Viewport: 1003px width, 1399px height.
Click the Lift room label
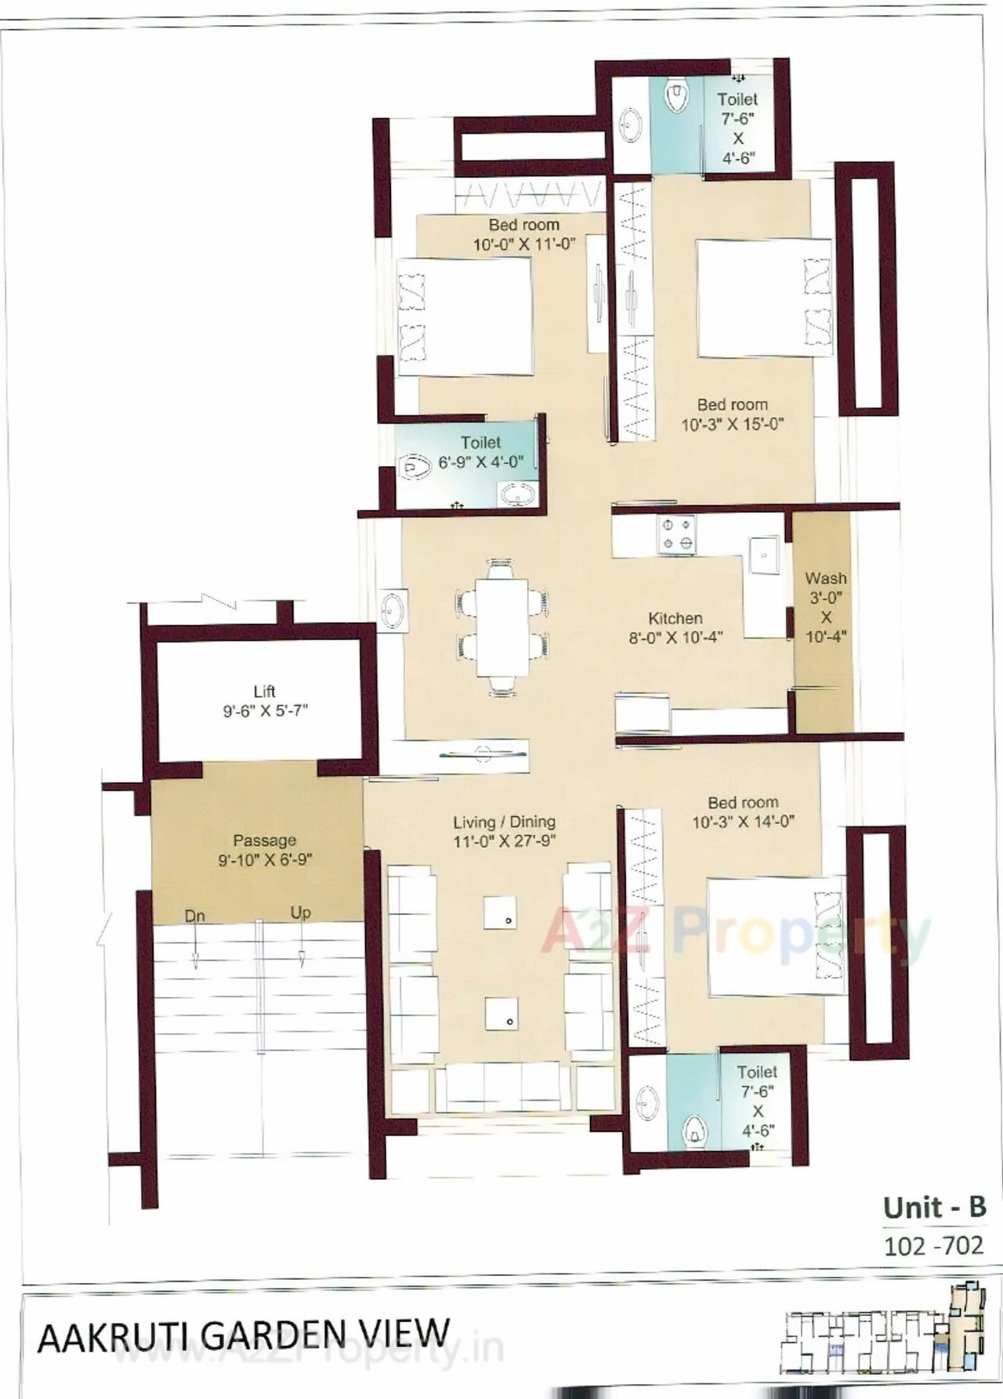click(265, 701)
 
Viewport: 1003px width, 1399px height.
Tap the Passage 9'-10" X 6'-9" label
click(265, 850)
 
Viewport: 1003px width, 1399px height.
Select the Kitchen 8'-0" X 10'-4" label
click(675, 627)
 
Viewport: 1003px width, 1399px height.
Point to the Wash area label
click(826, 607)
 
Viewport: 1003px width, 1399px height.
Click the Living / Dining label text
click(504, 831)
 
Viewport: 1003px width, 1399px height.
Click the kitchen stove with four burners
click(676, 534)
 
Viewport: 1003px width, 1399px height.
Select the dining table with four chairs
click(502, 626)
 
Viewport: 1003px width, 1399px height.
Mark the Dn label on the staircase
click(194, 915)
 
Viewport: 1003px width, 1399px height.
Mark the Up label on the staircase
click(300, 913)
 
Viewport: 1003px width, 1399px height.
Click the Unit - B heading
click(933, 1207)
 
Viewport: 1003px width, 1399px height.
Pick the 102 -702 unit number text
click(932, 1245)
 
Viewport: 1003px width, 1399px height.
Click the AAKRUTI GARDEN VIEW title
click(244, 1336)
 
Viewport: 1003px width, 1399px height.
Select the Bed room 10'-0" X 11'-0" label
click(523, 234)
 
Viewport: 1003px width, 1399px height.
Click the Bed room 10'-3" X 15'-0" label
click(732, 414)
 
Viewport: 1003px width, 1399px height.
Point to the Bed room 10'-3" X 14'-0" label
click(742, 812)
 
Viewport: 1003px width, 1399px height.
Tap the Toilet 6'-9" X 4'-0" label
click(480, 452)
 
